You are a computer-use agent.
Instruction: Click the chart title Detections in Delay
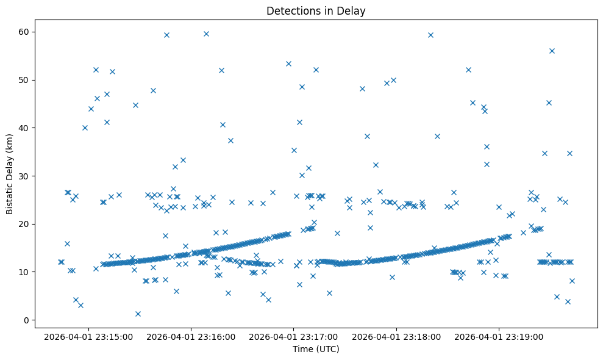tap(316, 10)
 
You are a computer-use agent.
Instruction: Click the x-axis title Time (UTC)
tap(316, 350)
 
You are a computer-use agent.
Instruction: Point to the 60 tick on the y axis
tap(29, 32)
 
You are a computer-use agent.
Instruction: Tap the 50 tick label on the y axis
tap(29, 80)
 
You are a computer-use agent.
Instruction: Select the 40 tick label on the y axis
tap(29, 128)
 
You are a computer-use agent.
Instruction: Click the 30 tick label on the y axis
tap(29, 176)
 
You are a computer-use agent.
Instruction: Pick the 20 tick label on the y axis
tap(29, 224)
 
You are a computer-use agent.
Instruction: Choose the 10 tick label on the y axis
tap(29, 272)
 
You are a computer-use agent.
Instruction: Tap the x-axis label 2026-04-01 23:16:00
tap(190, 336)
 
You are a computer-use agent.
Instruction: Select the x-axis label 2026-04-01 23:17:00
tap(293, 336)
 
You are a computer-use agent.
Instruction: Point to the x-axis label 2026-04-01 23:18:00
tap(396, 336)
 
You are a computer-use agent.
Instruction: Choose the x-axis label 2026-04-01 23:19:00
tap(499, 336)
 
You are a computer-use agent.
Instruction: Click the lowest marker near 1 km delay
tap(138, 314)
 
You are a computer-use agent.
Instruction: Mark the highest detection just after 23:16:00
tap(206, 34)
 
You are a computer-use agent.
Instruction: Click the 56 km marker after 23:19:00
tap(552, 51)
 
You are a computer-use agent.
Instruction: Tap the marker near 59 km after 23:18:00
tap(430, 35)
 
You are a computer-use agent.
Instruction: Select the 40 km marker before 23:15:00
tap(85, 128)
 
